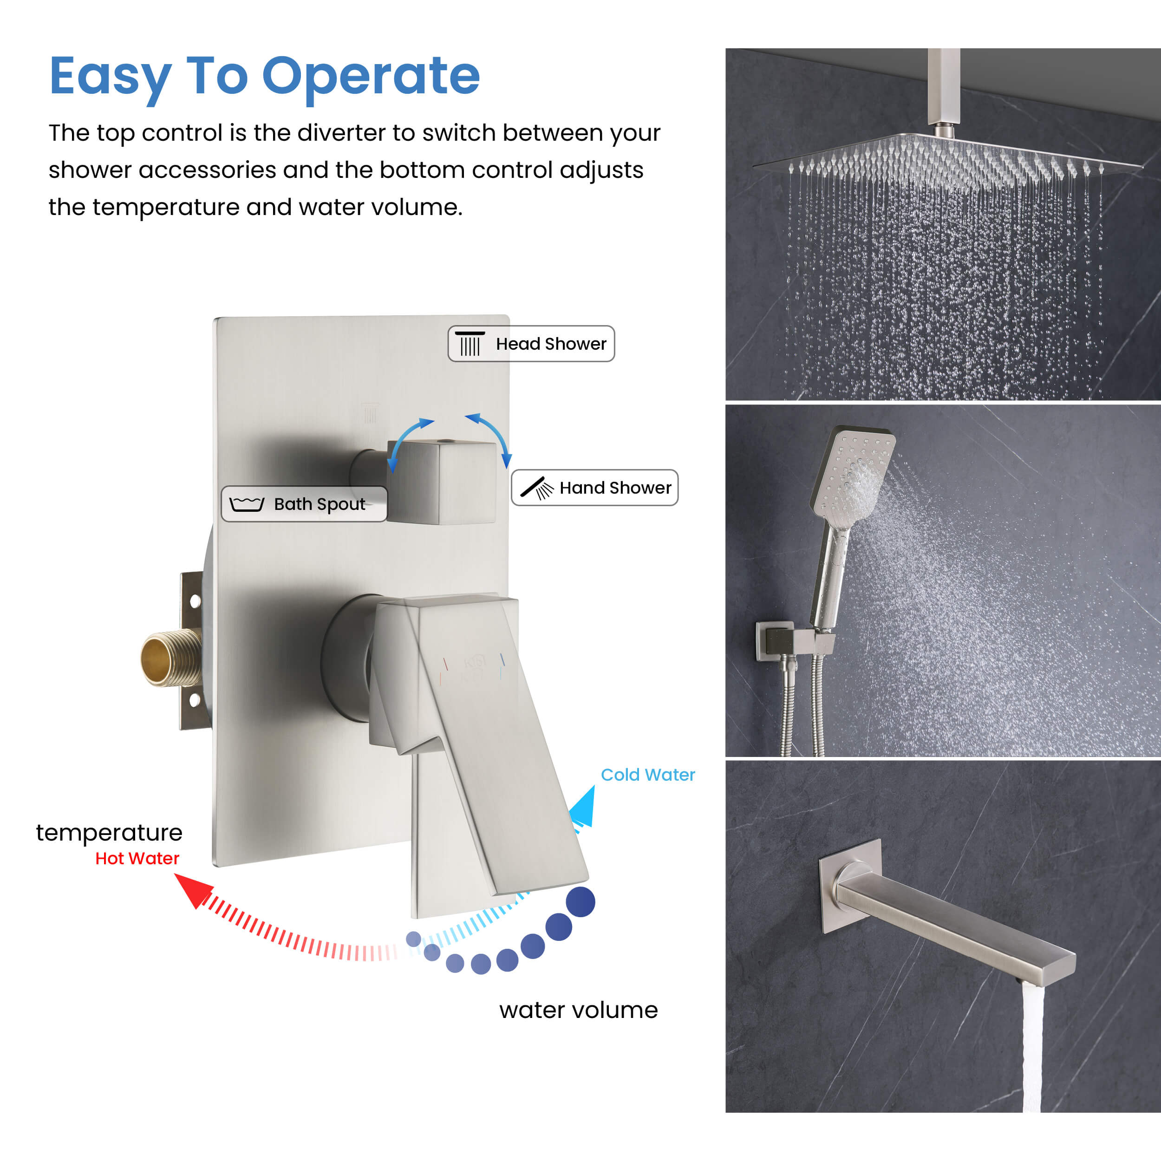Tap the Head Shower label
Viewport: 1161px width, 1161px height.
pos(531,344)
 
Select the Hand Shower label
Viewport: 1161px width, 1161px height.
pos(594,487)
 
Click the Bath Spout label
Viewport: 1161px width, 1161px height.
pos(304,503)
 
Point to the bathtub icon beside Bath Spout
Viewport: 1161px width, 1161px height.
pos(247,503)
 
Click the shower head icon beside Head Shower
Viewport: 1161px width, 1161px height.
pos(470,343)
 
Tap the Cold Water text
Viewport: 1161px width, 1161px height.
pos(648,775)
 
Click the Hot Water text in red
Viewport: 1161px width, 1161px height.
pos(137,858)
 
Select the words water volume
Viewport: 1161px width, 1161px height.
pos(578,1010)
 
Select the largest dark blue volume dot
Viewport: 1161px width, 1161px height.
pos(580,902)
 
